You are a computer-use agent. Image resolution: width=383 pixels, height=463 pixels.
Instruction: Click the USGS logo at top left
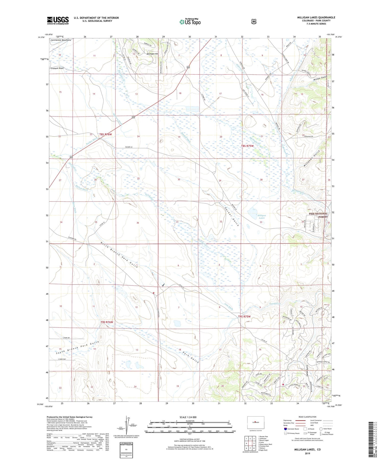tap(58, 20)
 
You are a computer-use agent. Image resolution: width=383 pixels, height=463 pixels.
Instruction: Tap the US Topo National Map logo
tap(190, 21)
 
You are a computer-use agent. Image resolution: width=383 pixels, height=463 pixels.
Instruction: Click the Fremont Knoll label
tap(57, 68)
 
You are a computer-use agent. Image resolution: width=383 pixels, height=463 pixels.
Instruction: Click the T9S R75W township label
tap(244, 316)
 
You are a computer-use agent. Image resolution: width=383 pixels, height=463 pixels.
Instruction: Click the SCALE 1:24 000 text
tap(188, 417)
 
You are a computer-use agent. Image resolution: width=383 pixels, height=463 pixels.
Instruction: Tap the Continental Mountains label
tap(61, 40)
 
